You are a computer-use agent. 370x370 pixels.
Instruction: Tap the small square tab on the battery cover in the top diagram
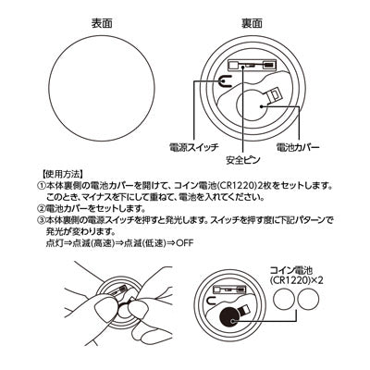[276, 95]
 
